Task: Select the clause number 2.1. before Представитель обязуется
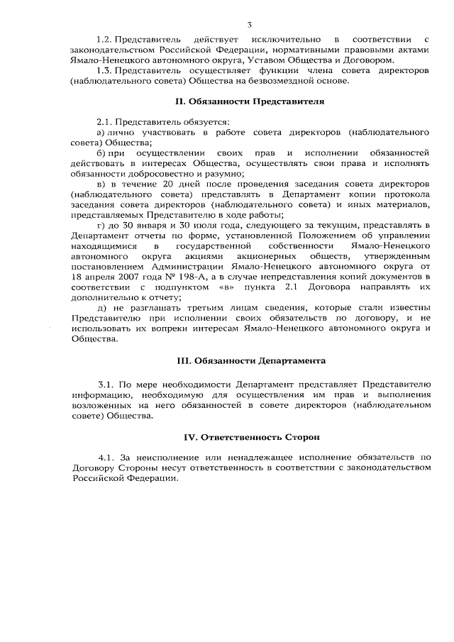[105, 122]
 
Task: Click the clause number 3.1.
[108, 384]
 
